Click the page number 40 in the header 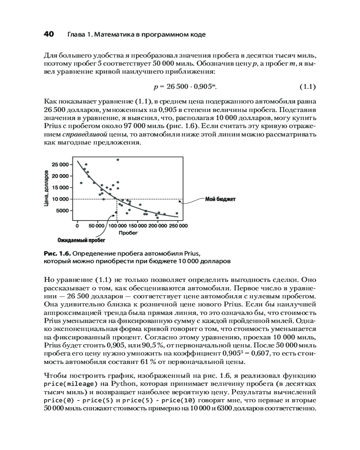tap(49, 34)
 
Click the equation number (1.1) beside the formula tap(308, 86)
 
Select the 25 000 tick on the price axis tap(60, 164)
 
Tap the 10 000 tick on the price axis tap(60, 199)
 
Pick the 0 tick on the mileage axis tap(77, 226)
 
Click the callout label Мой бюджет tap(220, 199)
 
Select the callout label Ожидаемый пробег tap(78, 240)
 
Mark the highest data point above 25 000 tap(118, 160)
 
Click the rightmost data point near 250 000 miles tap(177, 213)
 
